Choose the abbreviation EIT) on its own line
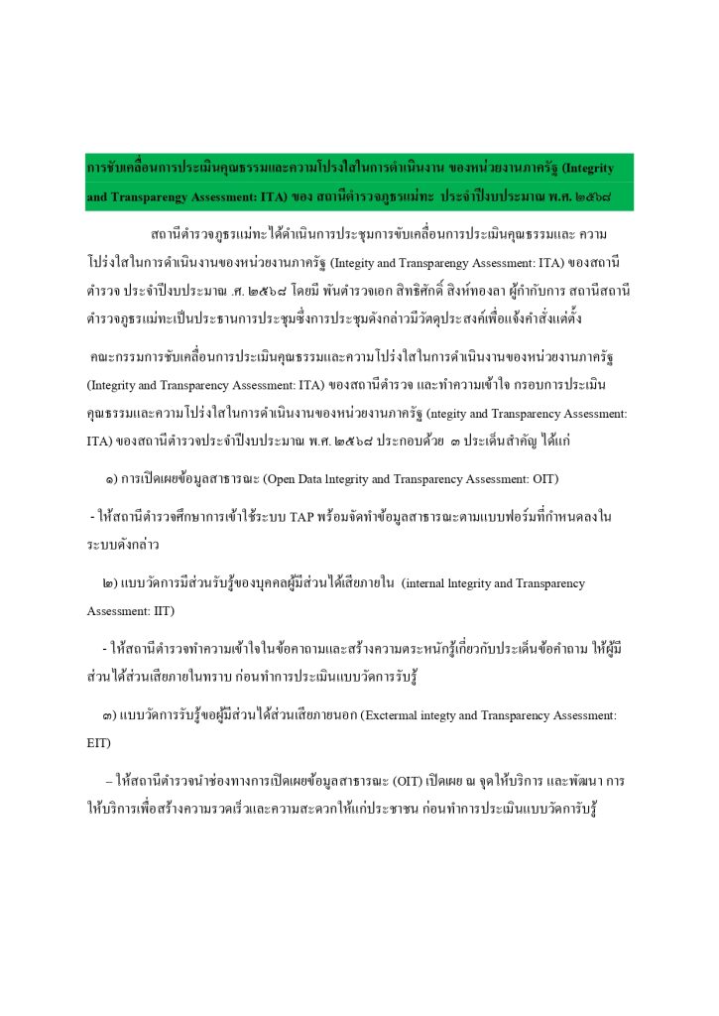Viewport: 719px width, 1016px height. (x=98, y=740)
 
